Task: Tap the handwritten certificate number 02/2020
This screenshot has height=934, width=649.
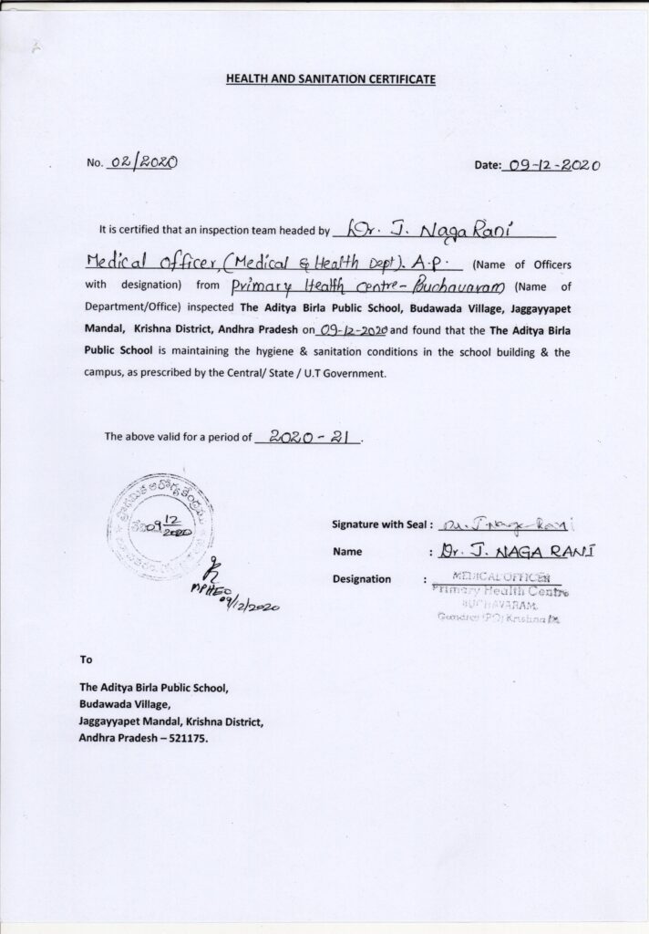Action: (x=143, y=163)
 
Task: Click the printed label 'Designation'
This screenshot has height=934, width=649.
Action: (x=362, y=579)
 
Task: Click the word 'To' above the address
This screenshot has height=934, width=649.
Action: (x=87, y=659)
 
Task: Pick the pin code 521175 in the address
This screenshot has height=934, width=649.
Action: (x=186, y=739)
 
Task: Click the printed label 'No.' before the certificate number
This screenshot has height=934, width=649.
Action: (x=95, y=164)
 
